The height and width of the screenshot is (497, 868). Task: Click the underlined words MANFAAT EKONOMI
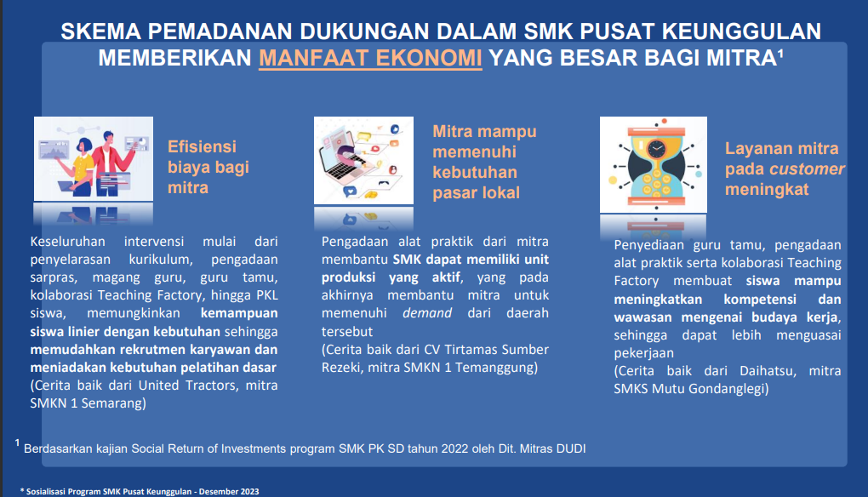370,58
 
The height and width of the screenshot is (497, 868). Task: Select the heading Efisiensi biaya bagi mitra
208,167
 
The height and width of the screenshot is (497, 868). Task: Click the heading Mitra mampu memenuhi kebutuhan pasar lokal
484,163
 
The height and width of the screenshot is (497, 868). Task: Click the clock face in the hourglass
657,149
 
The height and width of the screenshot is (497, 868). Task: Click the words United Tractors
187,386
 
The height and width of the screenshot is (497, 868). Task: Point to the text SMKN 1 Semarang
88,403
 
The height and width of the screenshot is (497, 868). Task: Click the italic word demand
427,312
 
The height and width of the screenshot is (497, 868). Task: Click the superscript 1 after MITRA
780,53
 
